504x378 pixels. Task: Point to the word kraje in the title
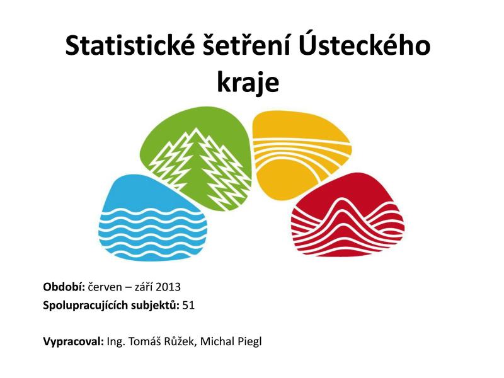click(x=248, y=83)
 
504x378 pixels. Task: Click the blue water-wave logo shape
click(x=151, y=222)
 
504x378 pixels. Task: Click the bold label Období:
click(x=64, y=287)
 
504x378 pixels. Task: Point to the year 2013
click(x=168, y=287)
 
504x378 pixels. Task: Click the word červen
click(x=105, y=287)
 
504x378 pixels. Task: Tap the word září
click(x=144, y=287)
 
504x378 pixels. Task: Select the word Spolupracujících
click(x=85, y=306)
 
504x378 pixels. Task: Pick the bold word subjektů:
click(x=154, y=306)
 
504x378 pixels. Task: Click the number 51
click(x=188, y=305)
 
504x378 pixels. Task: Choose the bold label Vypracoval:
click(x=74, y=341)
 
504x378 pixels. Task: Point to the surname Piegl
click(x=249, y=341)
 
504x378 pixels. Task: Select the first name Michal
click(x=217, y=341)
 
